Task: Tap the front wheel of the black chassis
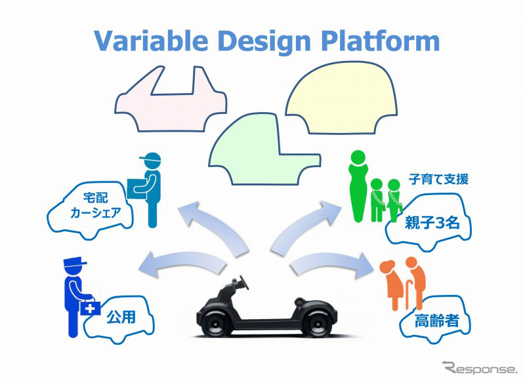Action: point(217,322)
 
